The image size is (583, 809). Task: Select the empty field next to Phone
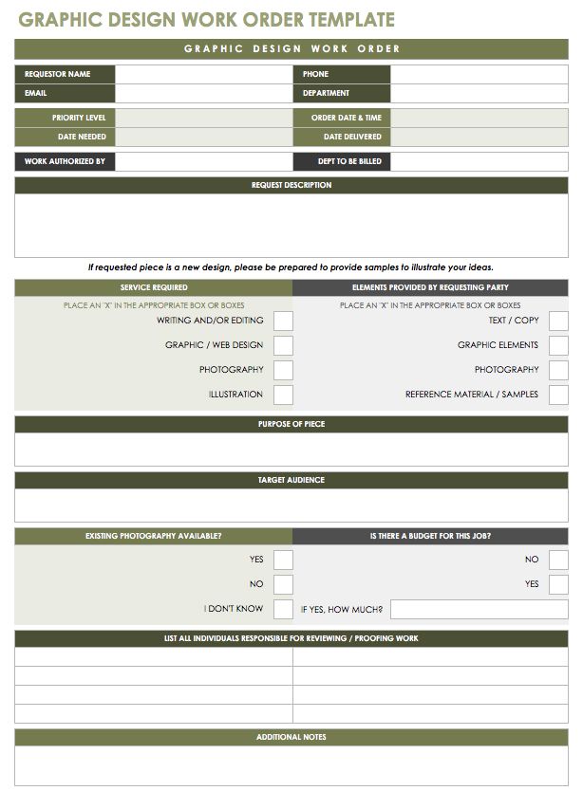[x=480, y=74]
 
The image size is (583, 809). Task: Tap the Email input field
[x=202, y=93]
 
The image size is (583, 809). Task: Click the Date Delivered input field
[x=480, y=137]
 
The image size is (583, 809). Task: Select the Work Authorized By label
[x=65, y=161]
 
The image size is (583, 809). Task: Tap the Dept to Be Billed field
[x=480, y=161]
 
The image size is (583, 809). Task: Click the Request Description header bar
[x=291, y=185]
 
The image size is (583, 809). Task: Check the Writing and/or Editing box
[x=283, y=321]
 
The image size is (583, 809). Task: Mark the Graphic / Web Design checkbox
[x=283, y=345]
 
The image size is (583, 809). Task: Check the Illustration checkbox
[x=283, y=395]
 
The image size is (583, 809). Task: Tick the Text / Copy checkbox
[x=558, y=321]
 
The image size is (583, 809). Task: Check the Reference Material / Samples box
[x=558, y=395]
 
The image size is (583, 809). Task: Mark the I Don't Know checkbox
[x=283, y=609]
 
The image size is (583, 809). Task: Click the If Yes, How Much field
[x=479, y=609]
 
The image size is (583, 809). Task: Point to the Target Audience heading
[x=291, y=480]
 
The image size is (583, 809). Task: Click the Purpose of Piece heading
[x=291, y=424]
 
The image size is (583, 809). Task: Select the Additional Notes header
[x=291, y=737]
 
